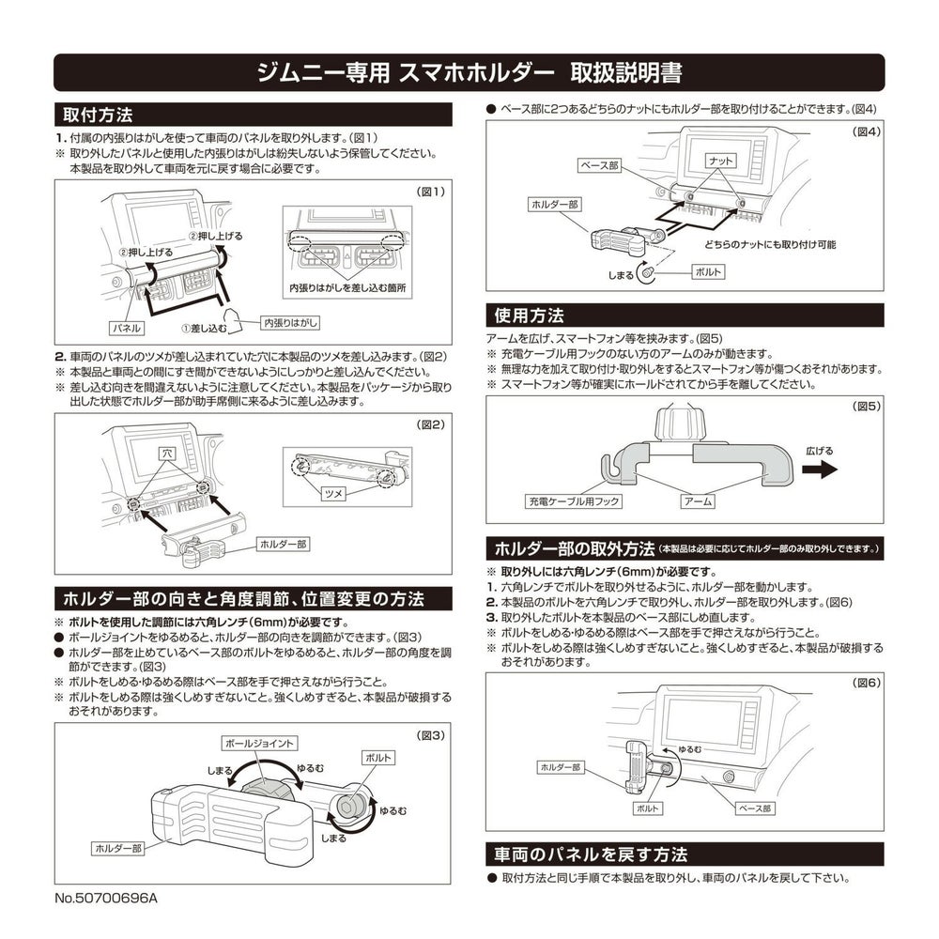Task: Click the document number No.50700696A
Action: click(106, 898)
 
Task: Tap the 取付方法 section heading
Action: click(98, 115)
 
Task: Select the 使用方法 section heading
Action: click(529, 316)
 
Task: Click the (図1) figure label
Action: click(431, 192)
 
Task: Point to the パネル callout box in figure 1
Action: click(127, 328)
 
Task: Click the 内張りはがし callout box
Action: click(290, 323)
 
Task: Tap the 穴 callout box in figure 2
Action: click(167, 454)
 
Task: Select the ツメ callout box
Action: click(333, 494)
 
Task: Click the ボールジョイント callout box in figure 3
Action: click(259, 743)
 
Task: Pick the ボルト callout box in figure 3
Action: click(377, 758)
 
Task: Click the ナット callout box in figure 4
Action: click(720, 161)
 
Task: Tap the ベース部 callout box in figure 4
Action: click(599, 165)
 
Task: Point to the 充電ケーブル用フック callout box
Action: click(573, 501)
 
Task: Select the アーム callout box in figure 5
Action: click(698, 501)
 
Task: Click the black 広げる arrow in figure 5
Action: click(820, 469)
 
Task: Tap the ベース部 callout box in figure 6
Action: click(755, 808)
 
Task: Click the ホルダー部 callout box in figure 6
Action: click(561, 767)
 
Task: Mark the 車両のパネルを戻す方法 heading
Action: click(591, 854)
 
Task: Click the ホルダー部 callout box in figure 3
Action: click(118, 848)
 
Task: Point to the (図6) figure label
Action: click(867, 683)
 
